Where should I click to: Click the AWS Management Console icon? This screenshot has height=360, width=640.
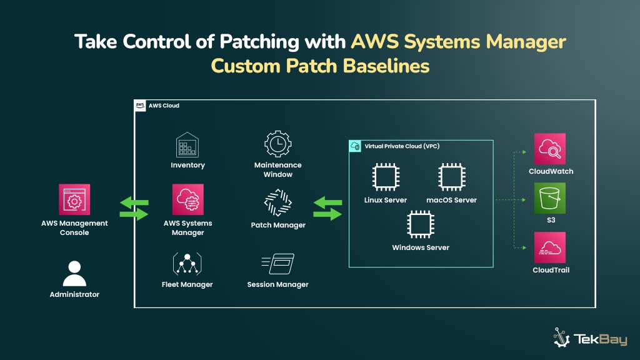74,199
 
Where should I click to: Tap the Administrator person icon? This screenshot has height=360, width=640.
74,272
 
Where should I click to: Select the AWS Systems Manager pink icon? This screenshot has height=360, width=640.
187,199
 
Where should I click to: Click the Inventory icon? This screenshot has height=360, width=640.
187,144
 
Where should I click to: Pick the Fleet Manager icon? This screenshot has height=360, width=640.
187,264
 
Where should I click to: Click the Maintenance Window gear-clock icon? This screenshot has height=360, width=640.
277,144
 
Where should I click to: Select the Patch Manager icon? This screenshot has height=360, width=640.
277,204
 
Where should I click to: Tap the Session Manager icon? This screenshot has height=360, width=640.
277,264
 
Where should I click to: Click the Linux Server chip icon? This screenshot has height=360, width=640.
386,177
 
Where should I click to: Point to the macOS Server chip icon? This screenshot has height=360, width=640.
451,177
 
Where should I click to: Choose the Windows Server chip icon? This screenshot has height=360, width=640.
421,225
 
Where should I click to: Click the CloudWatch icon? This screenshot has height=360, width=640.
550,149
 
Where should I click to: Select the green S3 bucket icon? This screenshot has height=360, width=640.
550,198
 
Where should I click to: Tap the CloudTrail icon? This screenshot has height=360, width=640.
550,247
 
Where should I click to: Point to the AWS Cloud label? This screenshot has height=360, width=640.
164,106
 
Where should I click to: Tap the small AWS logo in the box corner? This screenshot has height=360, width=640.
141,106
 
